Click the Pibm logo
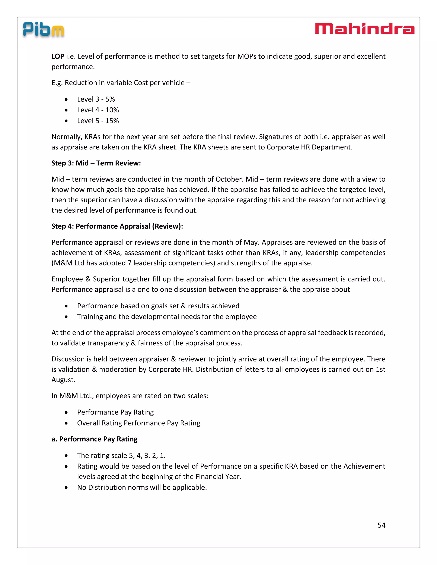tap(43, 30)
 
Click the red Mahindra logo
tap(364, 29)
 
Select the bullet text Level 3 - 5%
tap(96, 99)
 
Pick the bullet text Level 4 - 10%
tap(98, 110)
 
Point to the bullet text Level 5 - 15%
tap(98, 121)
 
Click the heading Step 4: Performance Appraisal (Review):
tap(117, 226)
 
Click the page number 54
tap(381, 525)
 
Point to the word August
tap(63, 380)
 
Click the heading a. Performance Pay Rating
tap(94, 439)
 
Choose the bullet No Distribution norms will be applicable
tap(142, 487)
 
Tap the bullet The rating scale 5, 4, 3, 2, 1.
tap(121, 456)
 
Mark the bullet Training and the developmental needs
tap(167, 317)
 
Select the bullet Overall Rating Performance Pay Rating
tap(138, 423)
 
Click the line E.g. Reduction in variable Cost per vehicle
tap(121, 83)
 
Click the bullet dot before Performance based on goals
tap(66, 306)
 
